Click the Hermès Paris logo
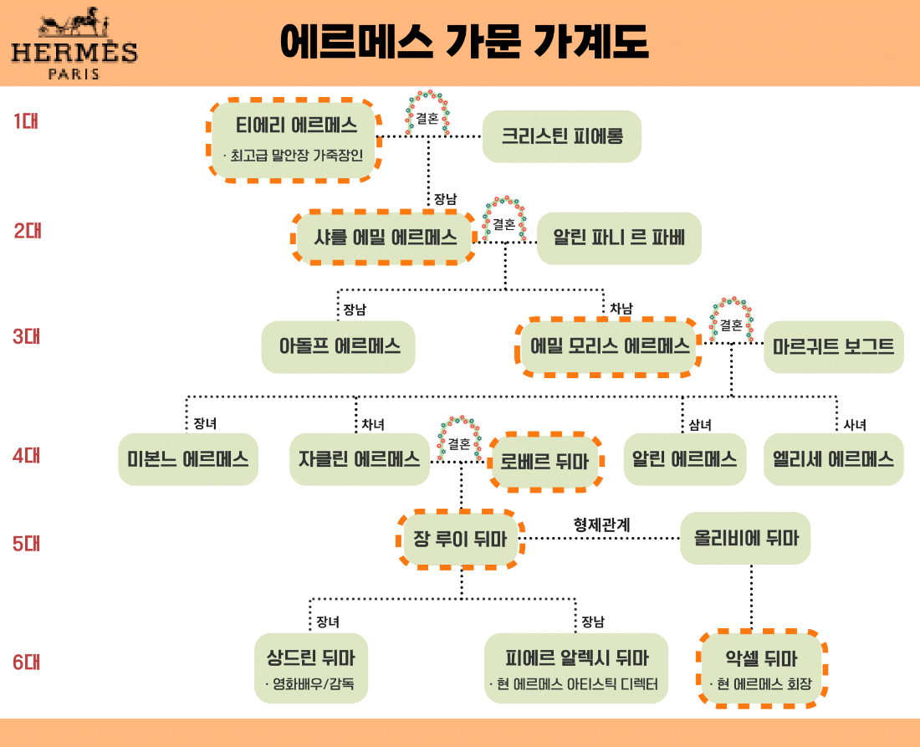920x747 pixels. (x=74, y=46)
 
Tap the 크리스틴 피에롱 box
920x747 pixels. (x=561, y=136)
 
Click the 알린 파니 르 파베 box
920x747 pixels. (x=618, y=238)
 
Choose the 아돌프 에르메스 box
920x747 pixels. (x=338, y=346)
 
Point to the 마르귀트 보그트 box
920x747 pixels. (x=833, y=346)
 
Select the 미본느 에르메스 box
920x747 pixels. (x=187, y=458)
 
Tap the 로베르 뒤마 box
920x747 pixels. (x=545, y=460)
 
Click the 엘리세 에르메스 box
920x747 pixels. (x=833, y=458)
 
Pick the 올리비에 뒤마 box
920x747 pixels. (x=745, y=538)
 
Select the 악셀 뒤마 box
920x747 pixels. (x=761, y=668)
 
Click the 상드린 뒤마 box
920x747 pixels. (x=310, y=668)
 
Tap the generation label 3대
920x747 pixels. (x=27, y=337)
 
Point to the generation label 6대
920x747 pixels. (x=27, y=663)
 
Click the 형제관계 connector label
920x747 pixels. (x=601, y=524)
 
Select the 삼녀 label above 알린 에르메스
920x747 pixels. (x=699, y=425)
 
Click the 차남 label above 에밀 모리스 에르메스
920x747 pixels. (x=621, y=309)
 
